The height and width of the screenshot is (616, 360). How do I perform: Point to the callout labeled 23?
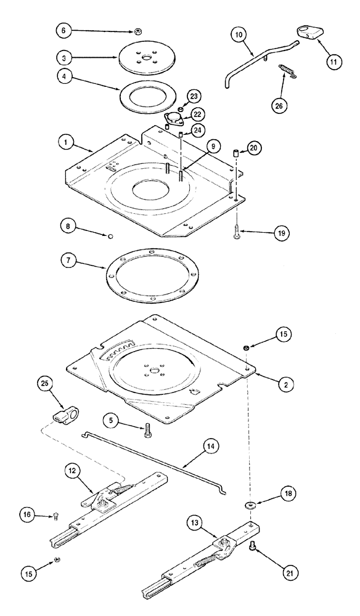pyautogui.click(x=194, y=97)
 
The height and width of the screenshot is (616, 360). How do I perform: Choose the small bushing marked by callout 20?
pyautogui.click(x=235, y=153)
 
